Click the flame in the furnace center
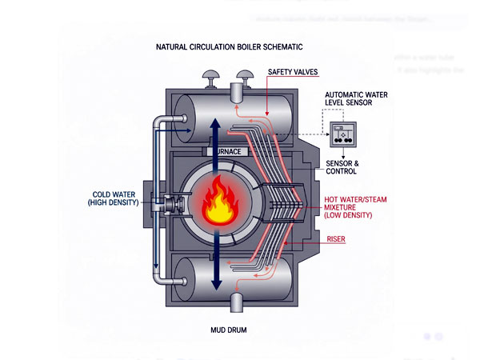click(x=218, y=203)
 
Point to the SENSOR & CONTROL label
click(x=342, y=167)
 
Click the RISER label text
click(x=335, y=238)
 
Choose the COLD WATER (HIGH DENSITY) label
click(x=113, y=198)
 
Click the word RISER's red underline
click(x=335, y=243)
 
